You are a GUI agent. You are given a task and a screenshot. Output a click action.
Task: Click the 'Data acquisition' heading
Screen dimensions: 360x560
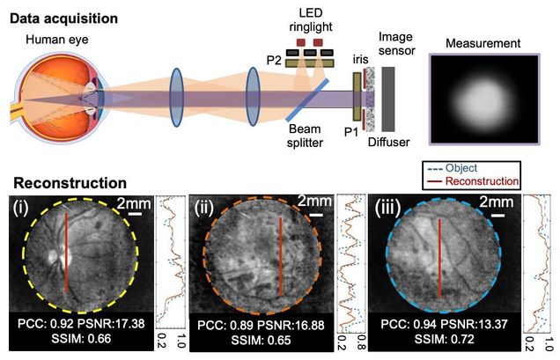[x=67, y=15]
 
